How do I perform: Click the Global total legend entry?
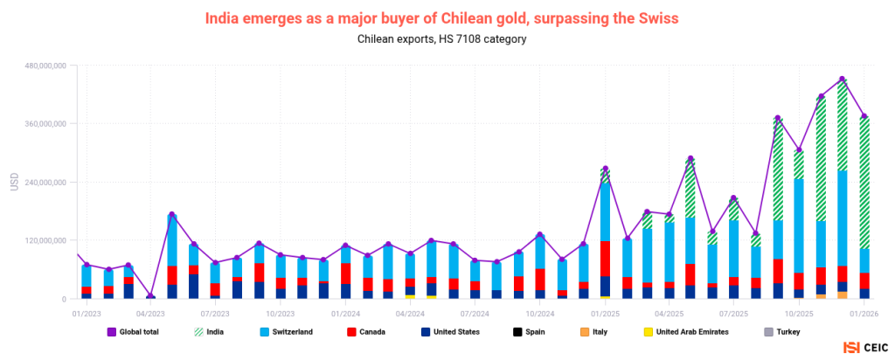pyautogui.click(x=133, y=331)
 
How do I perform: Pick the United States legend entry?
pyautogui.click(x=448, y=331)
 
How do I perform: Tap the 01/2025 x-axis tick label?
pyautogui.click(x=605, y=313)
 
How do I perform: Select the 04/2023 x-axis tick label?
pyautogui.click(x=150, y=313)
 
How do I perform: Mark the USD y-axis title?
pyautogui.click(x=14, y=182)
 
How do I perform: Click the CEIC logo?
pyautogui.click(x=863, y=347)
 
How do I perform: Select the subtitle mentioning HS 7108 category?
pyautogui.click(x=441, y=39)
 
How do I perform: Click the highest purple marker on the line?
pyautogui.click(x=842, y=80)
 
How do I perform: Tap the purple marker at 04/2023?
pyautogui.click(x=150, y=296)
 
